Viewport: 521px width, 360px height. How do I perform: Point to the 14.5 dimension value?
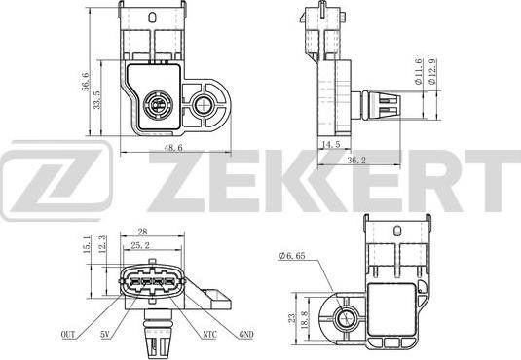(329, 143)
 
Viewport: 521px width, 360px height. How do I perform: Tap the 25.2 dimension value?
(140, 246)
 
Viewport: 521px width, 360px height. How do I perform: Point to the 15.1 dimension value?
(88, 244)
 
